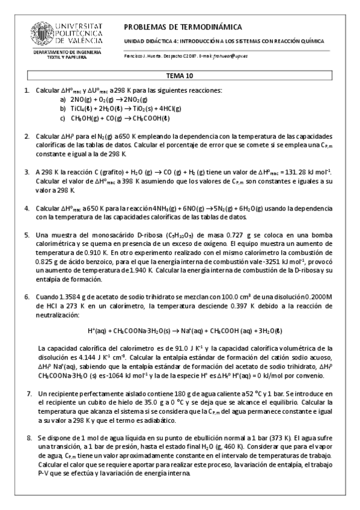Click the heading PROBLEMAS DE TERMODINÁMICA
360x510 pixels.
tap(183, 27)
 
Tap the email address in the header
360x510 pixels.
tap(231, 56)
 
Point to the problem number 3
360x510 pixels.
tap(27, 171)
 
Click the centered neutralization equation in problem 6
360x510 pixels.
tap(181, 331)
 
